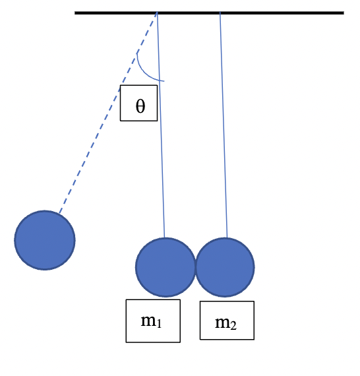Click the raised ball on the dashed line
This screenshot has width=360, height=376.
click(x=45, y=240)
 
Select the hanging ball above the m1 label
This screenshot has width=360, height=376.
click(x=165, y=267)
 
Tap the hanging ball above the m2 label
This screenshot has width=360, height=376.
click(x=225, y=267)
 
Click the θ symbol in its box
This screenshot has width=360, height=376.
click(x=140, y=106)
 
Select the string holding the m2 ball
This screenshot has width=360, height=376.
click(x=224, y=132)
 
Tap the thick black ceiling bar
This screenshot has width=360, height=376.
click(x=264, y=13)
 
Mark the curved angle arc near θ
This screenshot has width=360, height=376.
click(x=143, y=70)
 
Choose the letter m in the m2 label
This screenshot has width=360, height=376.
click(x=222, y=322)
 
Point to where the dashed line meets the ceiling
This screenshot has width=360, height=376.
click(x=157, y=13)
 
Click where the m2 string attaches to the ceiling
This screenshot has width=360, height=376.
click(x=220, y=13)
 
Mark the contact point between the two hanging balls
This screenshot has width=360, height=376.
click(x=195, y=267)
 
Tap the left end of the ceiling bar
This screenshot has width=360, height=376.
click(x=76, y=13)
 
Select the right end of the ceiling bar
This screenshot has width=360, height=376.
click(x=342, y=13)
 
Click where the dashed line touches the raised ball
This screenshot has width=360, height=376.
click(x=59, y=213)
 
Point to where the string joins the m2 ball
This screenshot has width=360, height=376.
click(x=227, y=238)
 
